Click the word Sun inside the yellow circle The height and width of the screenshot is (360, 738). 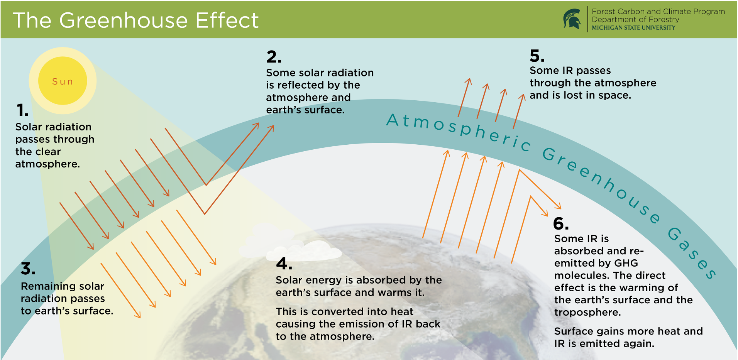63,81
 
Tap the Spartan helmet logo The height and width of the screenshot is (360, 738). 572,19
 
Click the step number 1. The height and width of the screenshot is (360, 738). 22,110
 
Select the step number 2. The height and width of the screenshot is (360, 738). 274,57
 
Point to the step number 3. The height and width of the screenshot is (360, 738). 28,269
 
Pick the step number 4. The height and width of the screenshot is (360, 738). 284,264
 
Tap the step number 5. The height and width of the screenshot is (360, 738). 537,56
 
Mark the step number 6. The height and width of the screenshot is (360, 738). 561,224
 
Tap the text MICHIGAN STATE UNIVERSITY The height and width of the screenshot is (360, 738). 633,28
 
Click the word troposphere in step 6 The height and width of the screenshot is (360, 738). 587,312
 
